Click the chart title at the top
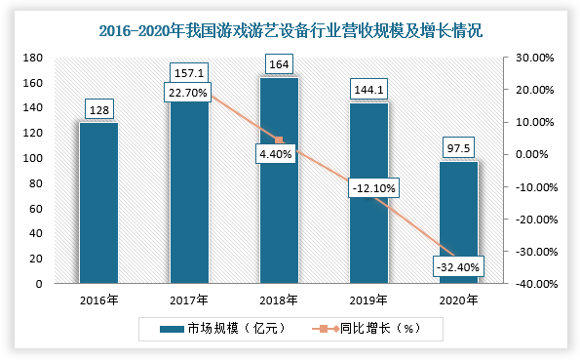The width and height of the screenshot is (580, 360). pos(290,31)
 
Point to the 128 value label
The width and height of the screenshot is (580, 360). pos(98,110)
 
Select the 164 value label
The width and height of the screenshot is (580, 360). pos(279,65)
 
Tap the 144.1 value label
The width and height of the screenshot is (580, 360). pos(368,90)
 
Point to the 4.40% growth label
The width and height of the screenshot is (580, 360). pos(279,154)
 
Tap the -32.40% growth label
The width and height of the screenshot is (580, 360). pos(458,264)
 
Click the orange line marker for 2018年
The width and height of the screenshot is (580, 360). pos(279,140)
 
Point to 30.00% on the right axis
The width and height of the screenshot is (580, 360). pos(533,58)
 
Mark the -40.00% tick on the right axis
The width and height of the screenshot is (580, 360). pos(533,284)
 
